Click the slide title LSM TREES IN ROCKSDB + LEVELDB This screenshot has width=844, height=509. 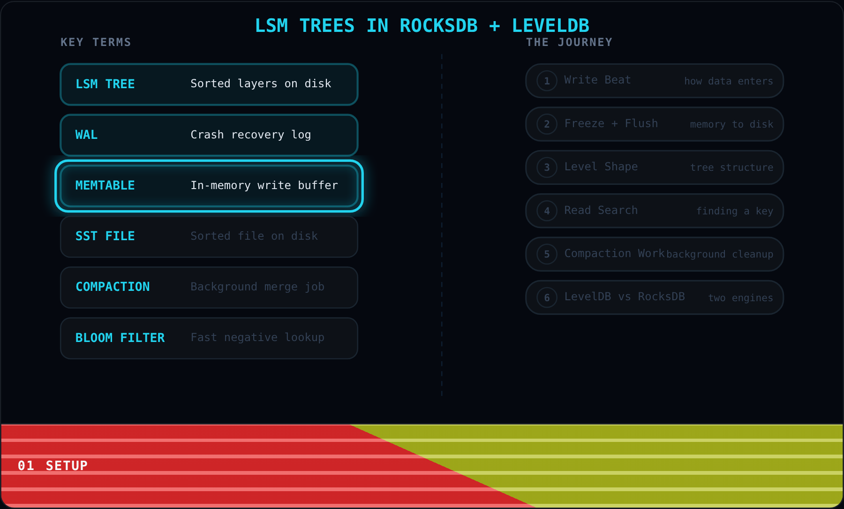[422, 26]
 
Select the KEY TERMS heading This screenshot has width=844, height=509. [96, 42]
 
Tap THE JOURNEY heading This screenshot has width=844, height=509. [569, 42]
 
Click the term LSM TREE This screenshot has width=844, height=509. [105, 84]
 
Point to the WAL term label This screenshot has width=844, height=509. [87, 135]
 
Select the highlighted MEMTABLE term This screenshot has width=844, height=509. [105, 185]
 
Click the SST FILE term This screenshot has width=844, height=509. [105, 236]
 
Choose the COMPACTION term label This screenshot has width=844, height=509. [113, 287]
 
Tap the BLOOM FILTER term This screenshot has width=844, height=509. [120, 338]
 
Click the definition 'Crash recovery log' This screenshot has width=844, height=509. [251, 135]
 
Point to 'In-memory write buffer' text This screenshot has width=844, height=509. [264, 186]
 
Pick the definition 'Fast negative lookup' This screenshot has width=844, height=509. [257, 338]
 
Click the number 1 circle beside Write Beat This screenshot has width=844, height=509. [547, 81]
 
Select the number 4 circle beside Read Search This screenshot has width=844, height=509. [547, 211]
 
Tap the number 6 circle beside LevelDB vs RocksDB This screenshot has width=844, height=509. [547, 297]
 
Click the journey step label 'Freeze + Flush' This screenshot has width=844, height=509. [611, 123]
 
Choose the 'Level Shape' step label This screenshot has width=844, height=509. [601, 167]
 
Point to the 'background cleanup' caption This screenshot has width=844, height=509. [720, 254]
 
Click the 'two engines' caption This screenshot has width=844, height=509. [741, 298]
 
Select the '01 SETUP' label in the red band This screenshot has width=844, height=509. [53, 465]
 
